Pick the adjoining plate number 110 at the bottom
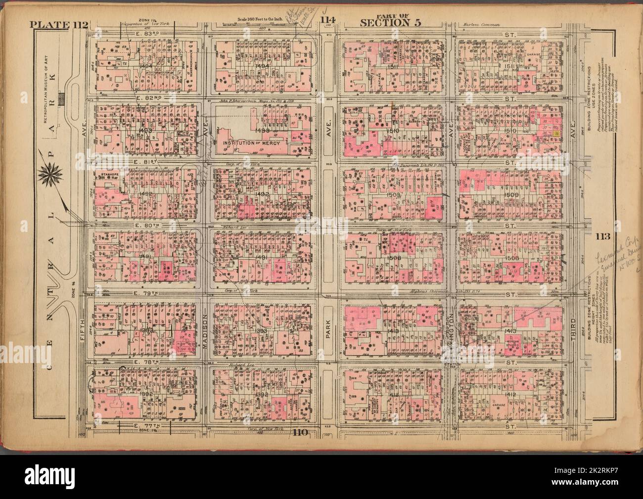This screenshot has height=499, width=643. (x=300, y=434)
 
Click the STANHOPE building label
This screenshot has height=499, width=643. (x=108, y=175)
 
